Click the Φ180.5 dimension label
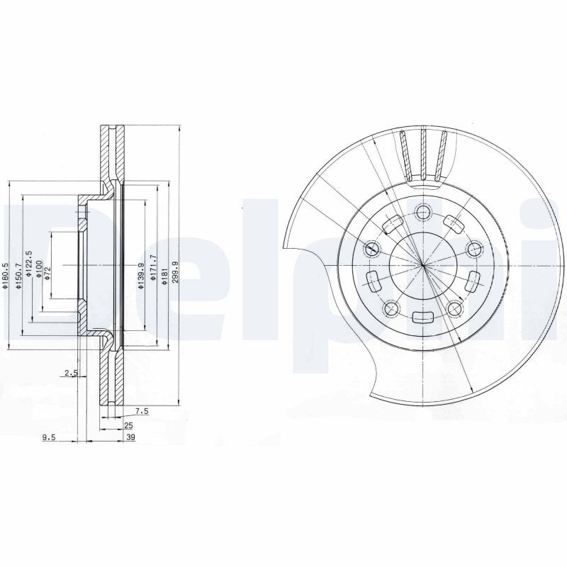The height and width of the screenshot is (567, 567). coord(6,276)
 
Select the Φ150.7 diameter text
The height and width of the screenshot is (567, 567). coord(18,276)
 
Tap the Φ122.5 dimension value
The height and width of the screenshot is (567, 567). coord(29,264)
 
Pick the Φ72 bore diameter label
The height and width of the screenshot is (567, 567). coord(48,273)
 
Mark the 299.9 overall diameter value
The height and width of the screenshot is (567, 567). coord(175,273)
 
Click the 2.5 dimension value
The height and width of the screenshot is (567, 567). coord(70,373)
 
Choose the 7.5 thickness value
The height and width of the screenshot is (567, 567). coord(141,410)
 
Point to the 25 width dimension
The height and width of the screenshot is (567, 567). coord(128,425)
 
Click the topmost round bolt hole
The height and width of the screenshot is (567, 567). coord(424,211)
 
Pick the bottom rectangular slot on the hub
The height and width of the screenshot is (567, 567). coord(423,318)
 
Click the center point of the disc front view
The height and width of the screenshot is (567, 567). coord(423,264)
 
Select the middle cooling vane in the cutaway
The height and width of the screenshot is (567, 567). coord(423,154)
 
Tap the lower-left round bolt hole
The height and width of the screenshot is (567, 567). coord(391,308)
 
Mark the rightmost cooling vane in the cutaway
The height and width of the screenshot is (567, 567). coord(442,155)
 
